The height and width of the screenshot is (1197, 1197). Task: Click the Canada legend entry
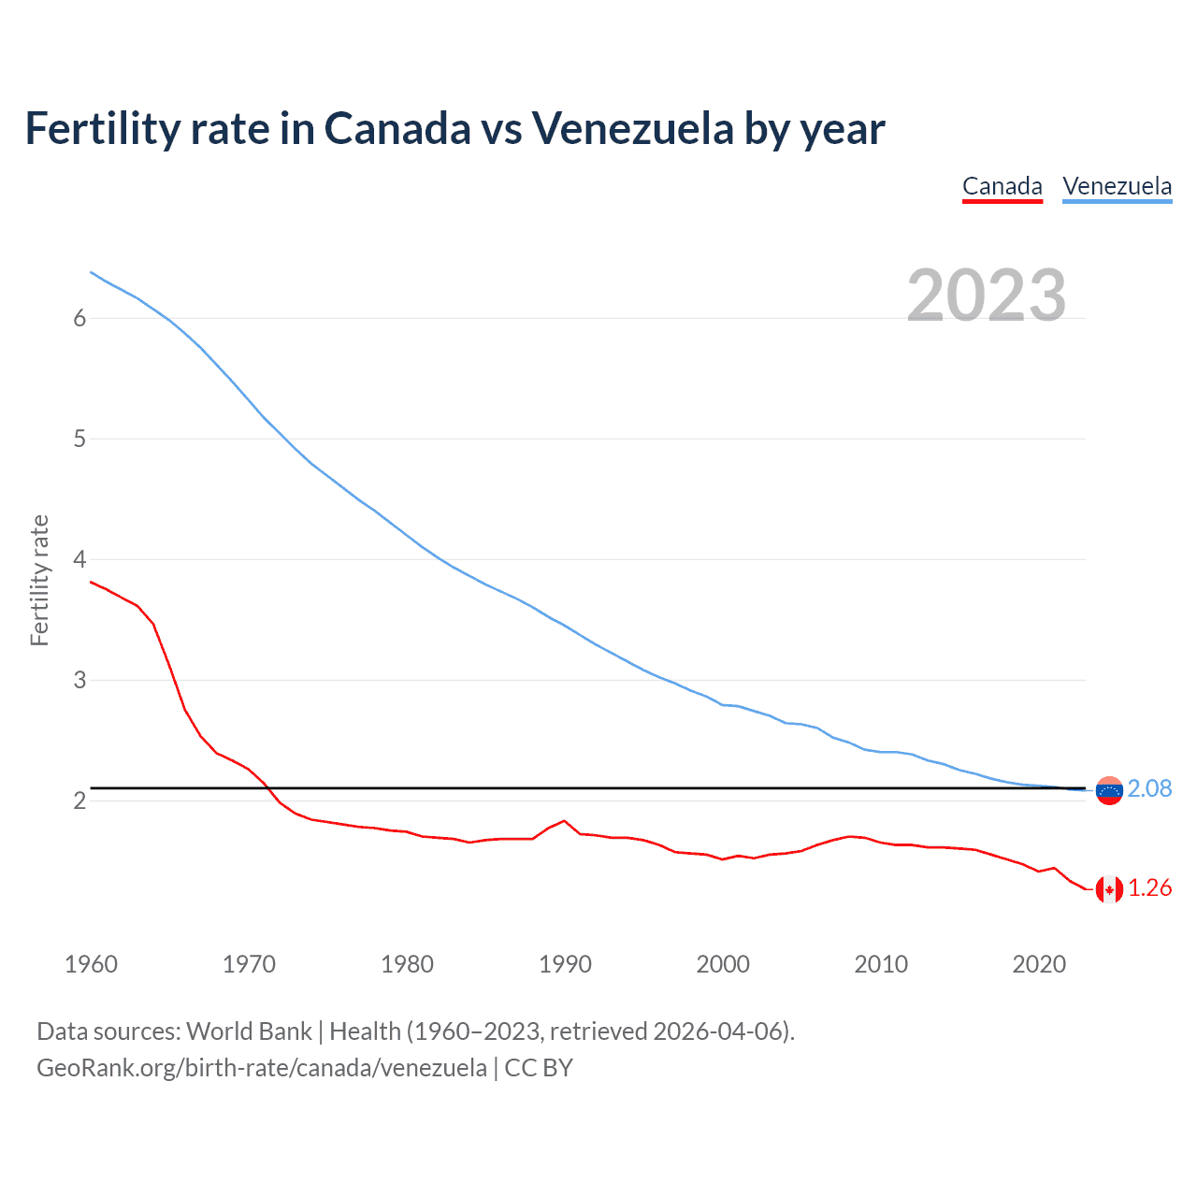(1002, 186)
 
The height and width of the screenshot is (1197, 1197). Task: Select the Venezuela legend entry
(1117, 186)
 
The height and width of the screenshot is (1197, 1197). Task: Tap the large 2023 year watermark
(987, 296)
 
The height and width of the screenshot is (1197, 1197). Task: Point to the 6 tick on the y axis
(79, 319)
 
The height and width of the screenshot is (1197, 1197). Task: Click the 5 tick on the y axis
(79, 440)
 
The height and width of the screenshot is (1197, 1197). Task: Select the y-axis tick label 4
(79, 560)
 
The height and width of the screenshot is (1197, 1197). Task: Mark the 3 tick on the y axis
(79, 681)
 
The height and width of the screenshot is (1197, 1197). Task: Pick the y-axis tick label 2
(79, 801)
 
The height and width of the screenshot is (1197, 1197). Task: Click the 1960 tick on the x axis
(91, 964)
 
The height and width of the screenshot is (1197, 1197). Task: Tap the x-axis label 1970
(249, 964)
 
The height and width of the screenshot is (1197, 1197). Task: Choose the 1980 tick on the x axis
(407, 964)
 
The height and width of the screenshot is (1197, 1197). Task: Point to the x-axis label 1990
(565, 964)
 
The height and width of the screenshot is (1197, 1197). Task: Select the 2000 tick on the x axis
(723, 964)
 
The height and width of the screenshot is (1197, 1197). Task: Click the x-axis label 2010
(881, 964)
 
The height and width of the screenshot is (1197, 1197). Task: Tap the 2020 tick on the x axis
(1039, 964)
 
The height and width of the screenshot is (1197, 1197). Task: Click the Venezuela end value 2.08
(1149, 789)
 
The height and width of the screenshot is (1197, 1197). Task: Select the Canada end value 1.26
(1149, 888)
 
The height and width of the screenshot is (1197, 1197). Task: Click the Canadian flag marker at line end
(1109, 889)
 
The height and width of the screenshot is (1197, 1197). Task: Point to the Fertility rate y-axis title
(39, 580)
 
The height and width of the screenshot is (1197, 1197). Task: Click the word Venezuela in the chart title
(633, 128)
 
